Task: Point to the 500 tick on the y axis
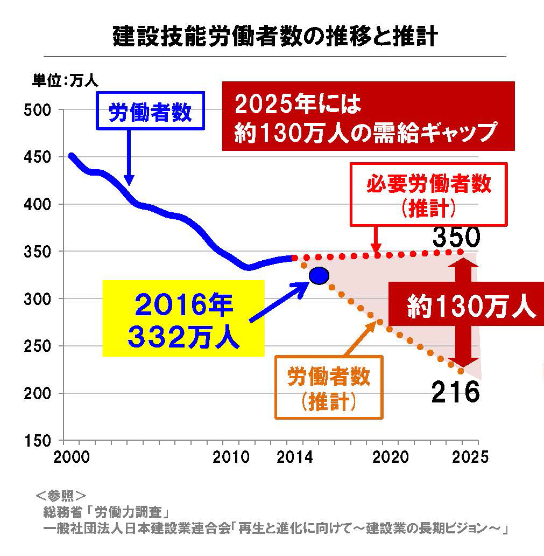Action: (39, 110)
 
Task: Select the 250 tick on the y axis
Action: (39, 346)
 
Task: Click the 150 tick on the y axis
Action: (39, 441)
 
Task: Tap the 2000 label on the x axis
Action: (71, 457)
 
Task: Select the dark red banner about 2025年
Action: (368, 116)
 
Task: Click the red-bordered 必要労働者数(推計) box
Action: (429, 194)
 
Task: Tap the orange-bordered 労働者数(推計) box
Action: (329, 387)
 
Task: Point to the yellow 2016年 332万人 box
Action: (183, 318)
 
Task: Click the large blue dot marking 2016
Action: (319, 276)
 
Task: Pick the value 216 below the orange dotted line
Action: (455, 392)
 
